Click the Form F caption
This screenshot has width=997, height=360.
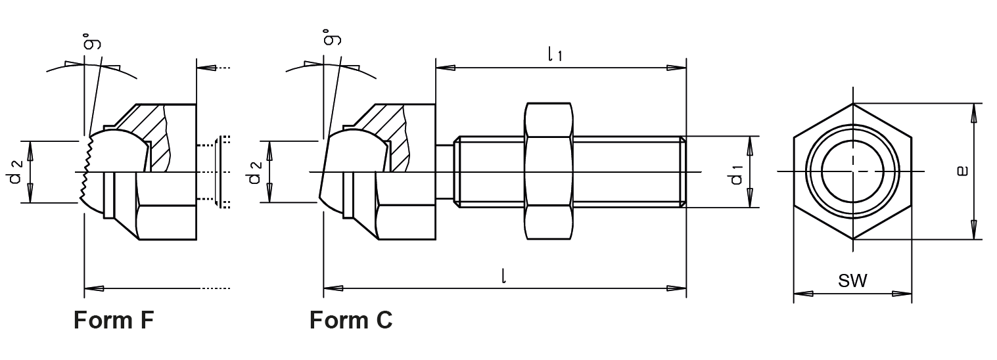point(114,320)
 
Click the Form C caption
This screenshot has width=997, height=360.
point(351,320)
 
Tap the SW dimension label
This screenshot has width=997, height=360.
point(852,282)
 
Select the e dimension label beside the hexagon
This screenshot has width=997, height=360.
point(962,171)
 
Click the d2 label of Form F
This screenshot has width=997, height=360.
point(18,171)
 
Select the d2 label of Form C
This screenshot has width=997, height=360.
point(256,171)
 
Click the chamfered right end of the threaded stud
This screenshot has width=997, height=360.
point(683,172)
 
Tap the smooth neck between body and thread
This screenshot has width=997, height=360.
point(446,172)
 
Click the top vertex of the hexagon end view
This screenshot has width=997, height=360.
point(852,104)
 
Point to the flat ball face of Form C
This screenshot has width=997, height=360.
point(324,172)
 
